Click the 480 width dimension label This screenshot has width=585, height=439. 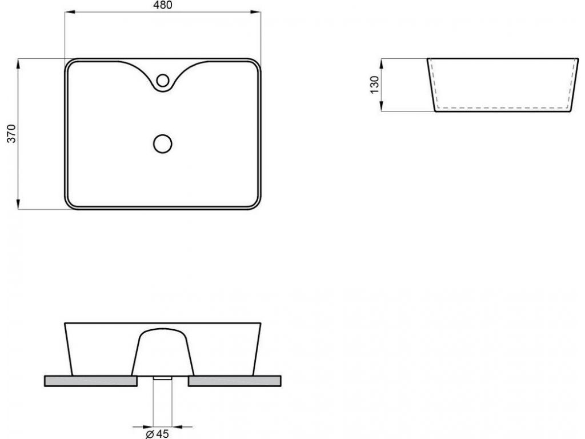(163, 5)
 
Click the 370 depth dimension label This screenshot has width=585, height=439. (12, 133)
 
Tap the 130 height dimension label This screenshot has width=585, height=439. (375, 85)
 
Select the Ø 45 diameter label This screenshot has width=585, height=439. (158, 434)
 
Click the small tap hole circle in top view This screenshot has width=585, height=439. (163, 80)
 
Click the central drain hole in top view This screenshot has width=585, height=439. (163, 143)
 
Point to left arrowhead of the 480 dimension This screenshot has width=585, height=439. (70, 13)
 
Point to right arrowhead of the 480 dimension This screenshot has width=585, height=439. (255, 13)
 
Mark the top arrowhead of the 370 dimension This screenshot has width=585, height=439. (18, 64)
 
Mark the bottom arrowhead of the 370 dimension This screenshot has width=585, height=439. (18, 204)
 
